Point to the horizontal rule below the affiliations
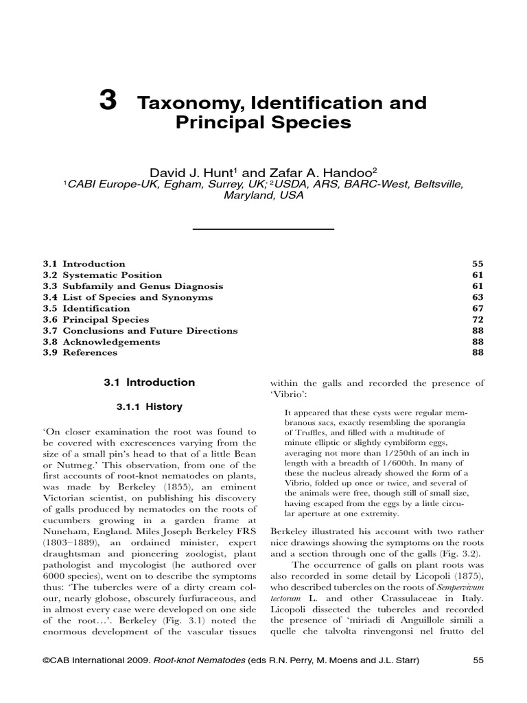[263, 227]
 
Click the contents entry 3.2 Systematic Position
[99, 275]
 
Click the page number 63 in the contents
[478, 297]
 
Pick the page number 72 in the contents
[478, 319]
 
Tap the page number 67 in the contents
[478, 308]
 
